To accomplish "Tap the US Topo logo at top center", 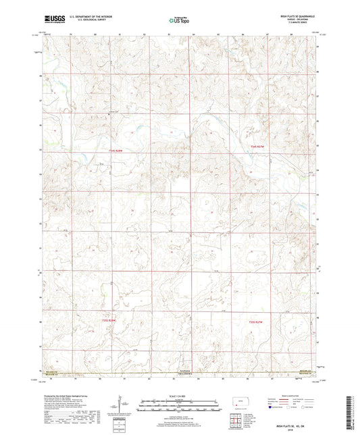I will (x=179, y=20).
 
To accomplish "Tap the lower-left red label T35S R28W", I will (x=109, y=320).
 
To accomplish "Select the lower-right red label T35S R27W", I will (x=259, y=322).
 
